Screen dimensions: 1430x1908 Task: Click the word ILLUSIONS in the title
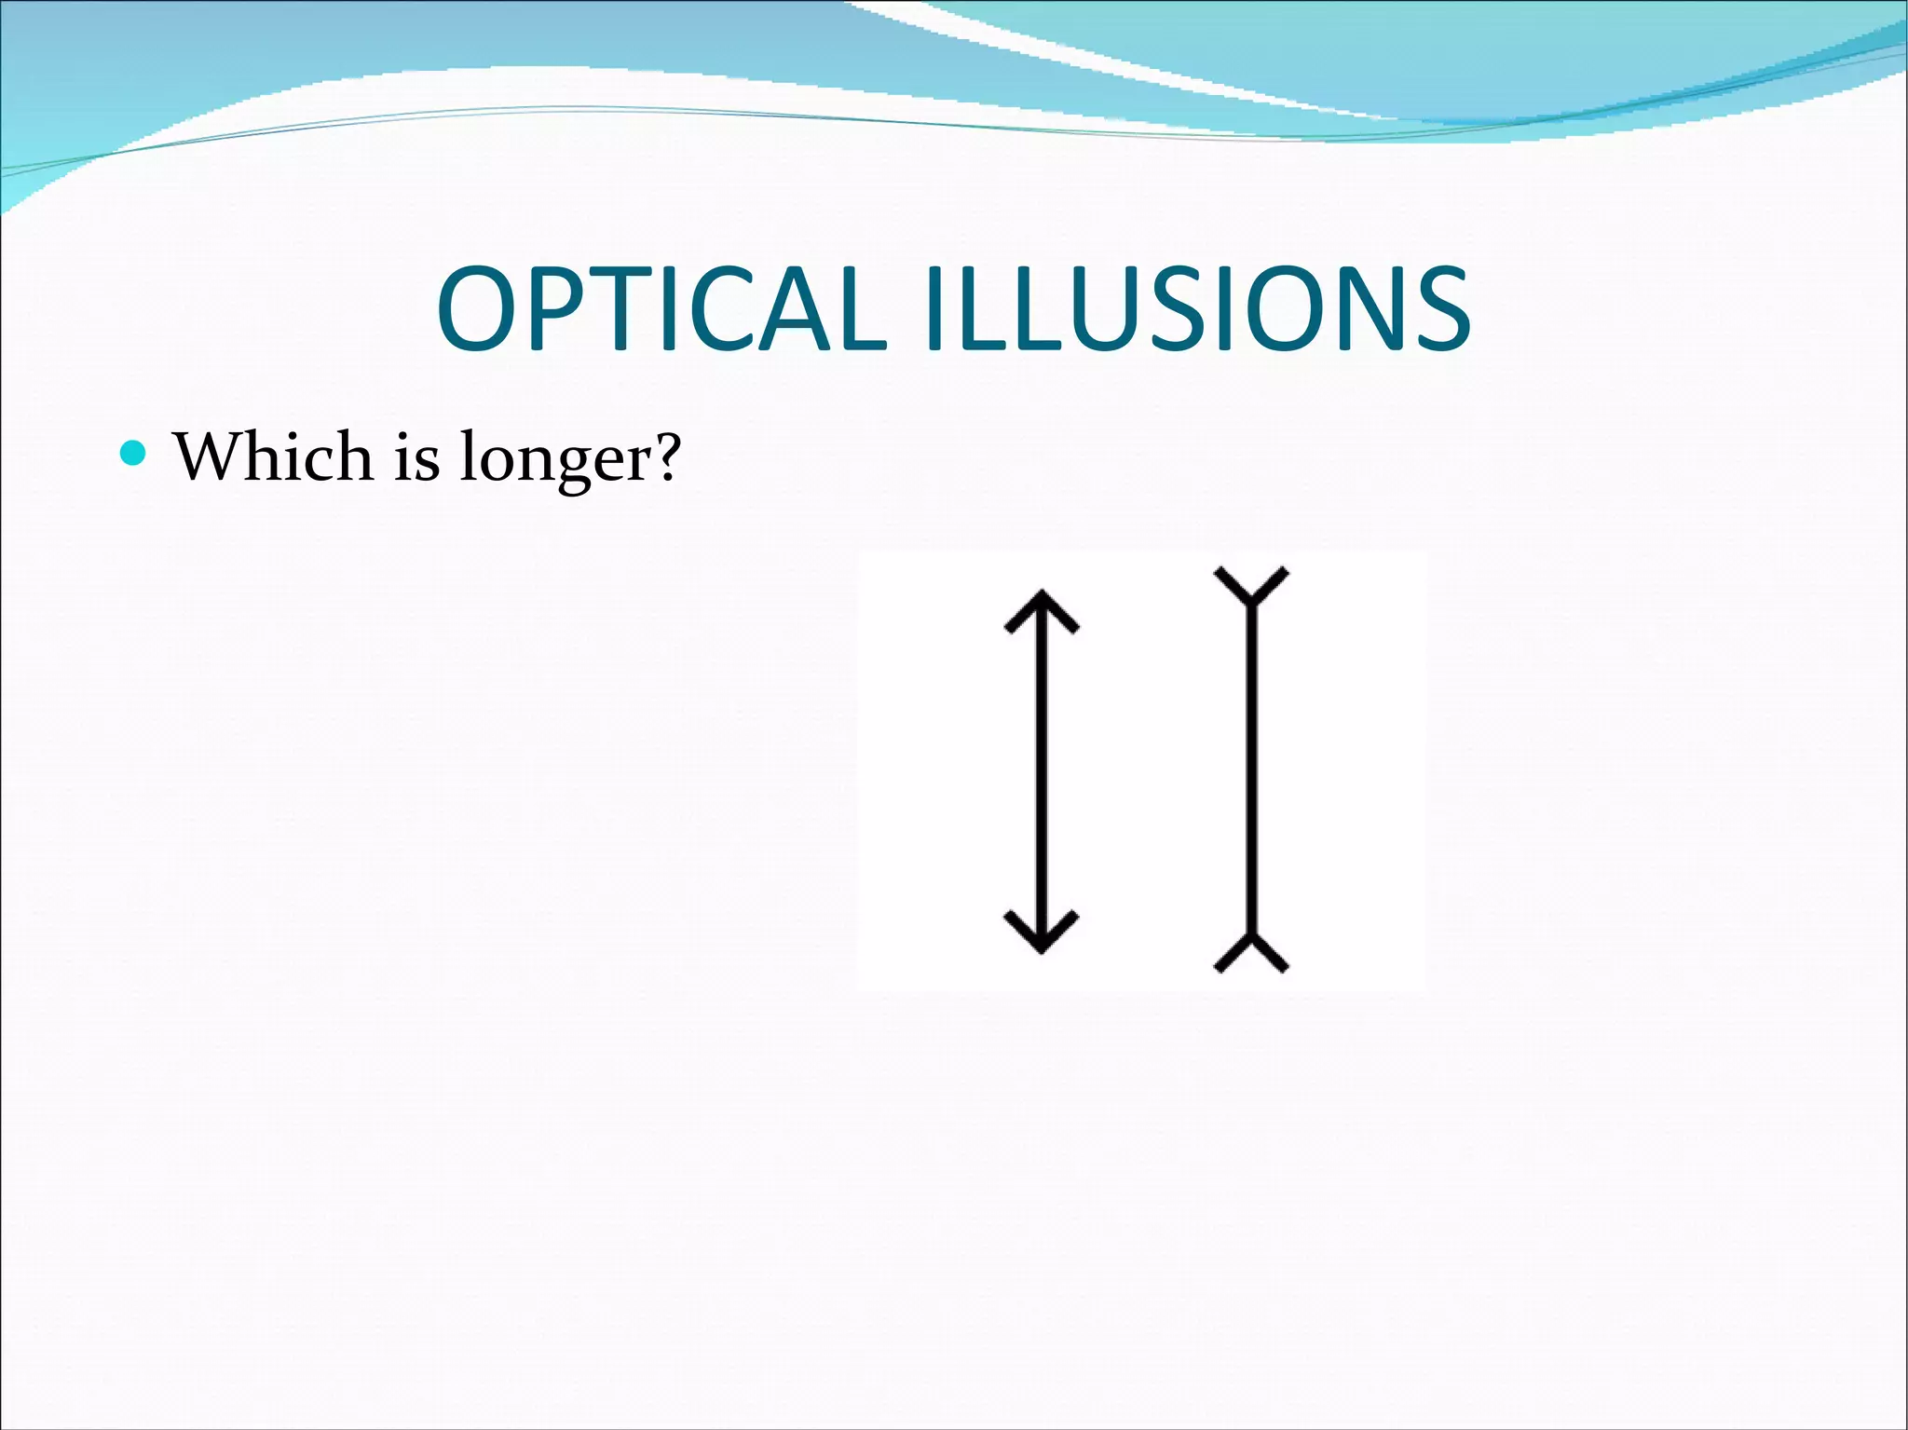tap(1196, 309)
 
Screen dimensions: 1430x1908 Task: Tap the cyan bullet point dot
tap(134, 454)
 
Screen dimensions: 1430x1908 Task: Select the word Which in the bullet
tap(274, 456)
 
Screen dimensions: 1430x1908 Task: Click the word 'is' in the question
tap(416, 458)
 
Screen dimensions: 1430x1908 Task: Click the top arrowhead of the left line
tap(1042, 610)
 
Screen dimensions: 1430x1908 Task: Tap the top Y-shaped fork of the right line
tap(1252, 587)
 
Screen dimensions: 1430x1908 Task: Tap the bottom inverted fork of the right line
tap(1252, 952)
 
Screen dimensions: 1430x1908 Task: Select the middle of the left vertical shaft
tap(1042, 771)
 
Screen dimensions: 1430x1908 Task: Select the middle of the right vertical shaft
tap(1252, 771)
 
